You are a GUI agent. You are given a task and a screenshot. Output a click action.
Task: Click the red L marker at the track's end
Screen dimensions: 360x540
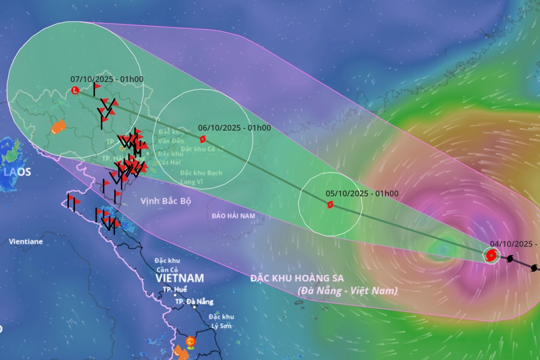75,91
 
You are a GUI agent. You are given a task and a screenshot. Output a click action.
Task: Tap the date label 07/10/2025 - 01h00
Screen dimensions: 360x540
107,79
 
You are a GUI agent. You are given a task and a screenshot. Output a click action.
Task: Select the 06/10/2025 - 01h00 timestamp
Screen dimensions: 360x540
234,128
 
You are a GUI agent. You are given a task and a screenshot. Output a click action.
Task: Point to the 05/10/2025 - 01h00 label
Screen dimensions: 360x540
362,194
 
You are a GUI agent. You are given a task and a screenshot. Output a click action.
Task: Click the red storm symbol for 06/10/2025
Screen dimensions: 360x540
202,139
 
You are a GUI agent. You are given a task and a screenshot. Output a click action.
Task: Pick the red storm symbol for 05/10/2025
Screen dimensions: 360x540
330,205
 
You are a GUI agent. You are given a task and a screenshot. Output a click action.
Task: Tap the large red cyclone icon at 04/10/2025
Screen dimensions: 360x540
491,256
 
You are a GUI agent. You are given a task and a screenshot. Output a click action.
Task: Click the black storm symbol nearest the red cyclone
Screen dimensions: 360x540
510,260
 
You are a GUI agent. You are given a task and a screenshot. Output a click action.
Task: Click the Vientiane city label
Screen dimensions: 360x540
26,242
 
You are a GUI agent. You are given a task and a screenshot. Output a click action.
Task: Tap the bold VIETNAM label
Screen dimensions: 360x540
179,278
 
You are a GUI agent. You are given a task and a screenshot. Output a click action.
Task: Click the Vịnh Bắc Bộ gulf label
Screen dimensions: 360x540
166,200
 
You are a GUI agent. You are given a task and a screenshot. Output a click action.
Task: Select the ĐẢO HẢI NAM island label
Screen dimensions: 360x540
233,215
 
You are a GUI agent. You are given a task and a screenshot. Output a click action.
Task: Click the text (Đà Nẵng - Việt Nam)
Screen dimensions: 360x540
347,290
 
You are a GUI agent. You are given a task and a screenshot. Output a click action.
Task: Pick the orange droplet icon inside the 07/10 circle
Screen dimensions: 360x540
58,127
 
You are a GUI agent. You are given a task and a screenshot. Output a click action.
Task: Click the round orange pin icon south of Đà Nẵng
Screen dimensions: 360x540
191,342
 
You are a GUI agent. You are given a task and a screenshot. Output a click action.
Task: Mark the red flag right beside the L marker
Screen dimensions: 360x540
97,88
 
